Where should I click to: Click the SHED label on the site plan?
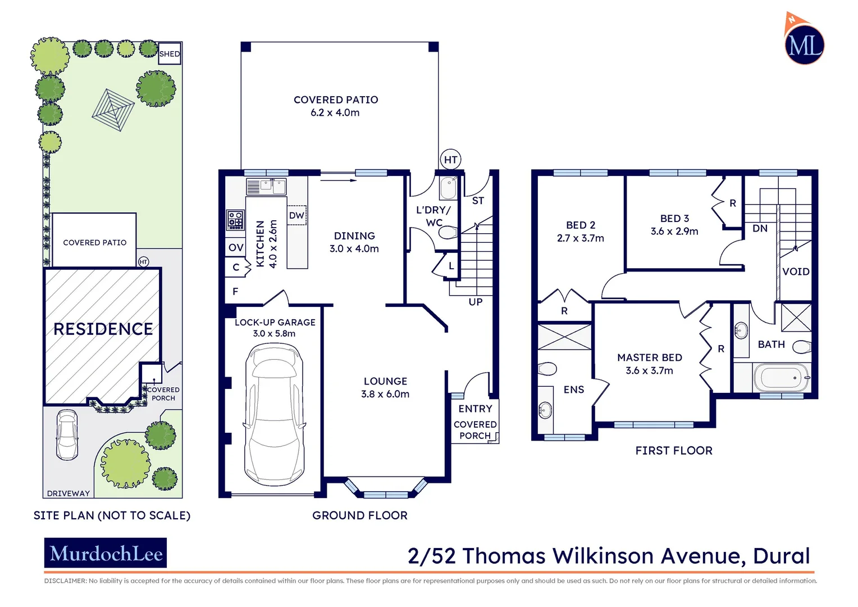tap(169, 54)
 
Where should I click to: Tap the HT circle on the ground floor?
tap(450, 160)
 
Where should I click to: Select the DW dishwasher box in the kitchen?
tap(296, 215)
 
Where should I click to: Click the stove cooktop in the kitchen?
tap(235, 220)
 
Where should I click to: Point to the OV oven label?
tap(236, 247)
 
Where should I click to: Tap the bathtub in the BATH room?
tap(780, 378)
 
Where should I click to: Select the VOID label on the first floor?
tap(796, 271)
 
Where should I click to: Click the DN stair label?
tap(760, 228)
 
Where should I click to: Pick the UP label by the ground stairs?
tap(475, 302)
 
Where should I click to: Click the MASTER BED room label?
tap(650, 357)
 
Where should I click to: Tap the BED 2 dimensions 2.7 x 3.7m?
tap(581, 238)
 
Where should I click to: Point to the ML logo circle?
tap(804, 44)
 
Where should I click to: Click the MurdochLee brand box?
tap(106, 554)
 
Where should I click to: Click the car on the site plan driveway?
tap(67, 434)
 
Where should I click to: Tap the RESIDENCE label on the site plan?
tap(103, 329)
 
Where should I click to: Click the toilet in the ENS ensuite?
tap(547, 369)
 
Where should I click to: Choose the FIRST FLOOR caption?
tap(673, 451)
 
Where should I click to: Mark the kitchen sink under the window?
tap(272, 185)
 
